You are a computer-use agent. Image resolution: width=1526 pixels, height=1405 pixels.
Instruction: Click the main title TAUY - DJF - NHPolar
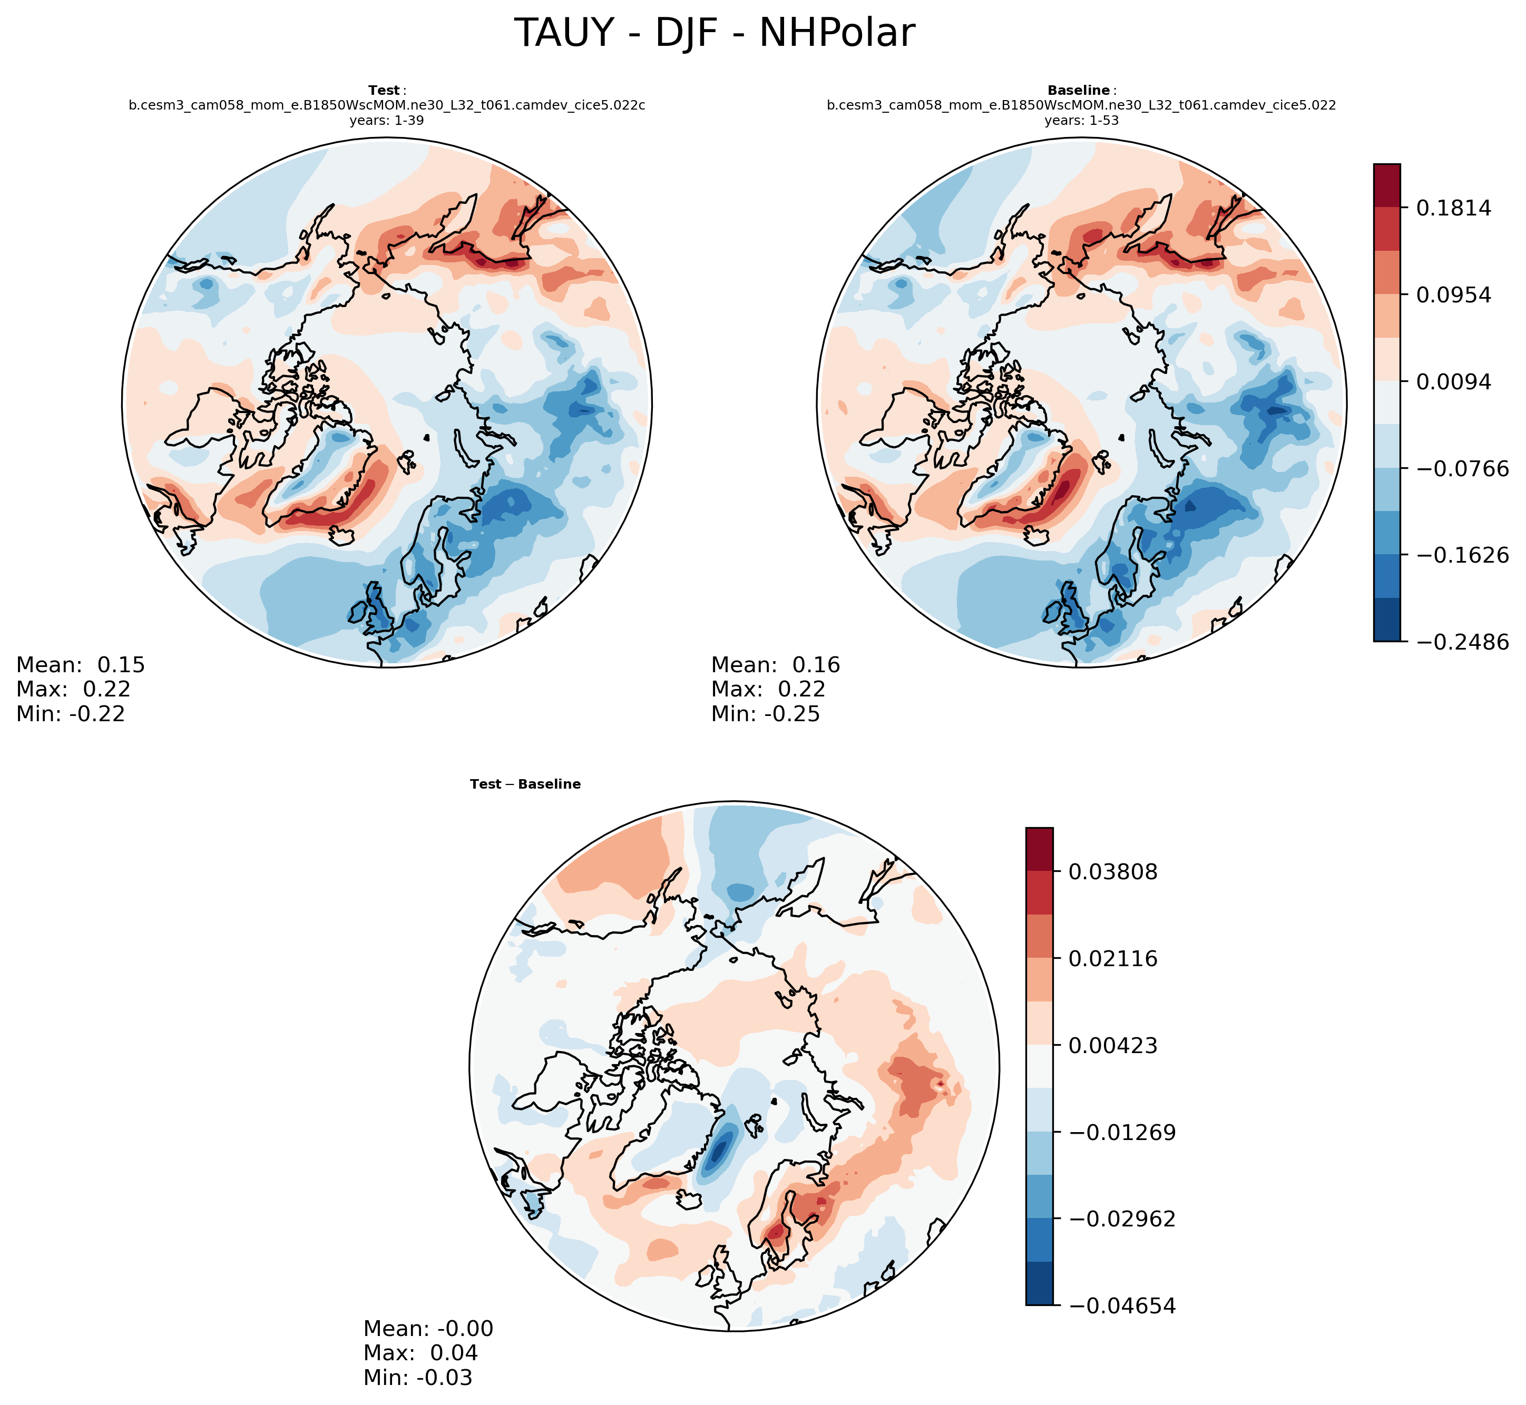[714, 34]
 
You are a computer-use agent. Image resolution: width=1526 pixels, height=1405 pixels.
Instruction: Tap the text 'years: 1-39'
[386, 120]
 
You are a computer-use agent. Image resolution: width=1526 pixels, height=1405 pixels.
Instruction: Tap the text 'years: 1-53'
[1081, 120]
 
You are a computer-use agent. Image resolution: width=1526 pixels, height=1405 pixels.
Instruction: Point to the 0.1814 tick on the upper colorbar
[1452, 208]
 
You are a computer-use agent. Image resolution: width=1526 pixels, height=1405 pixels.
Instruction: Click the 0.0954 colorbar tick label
[1452, 295]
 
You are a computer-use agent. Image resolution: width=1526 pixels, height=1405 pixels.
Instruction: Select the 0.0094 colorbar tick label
[1452, 381]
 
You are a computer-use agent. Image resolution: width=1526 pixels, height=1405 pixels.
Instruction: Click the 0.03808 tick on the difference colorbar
[1112, 871]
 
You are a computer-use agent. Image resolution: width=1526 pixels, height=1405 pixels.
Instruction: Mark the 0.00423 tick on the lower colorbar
[1112, 1045]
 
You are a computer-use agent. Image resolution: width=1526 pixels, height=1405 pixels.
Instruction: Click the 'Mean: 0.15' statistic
[81, 665]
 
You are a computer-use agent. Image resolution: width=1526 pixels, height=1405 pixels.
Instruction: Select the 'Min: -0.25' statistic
[766, 714]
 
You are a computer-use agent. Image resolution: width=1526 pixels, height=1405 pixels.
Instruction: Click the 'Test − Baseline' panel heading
[525, 784]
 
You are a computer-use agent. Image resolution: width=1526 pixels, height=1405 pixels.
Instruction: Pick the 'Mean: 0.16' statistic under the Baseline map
[776, 665]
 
